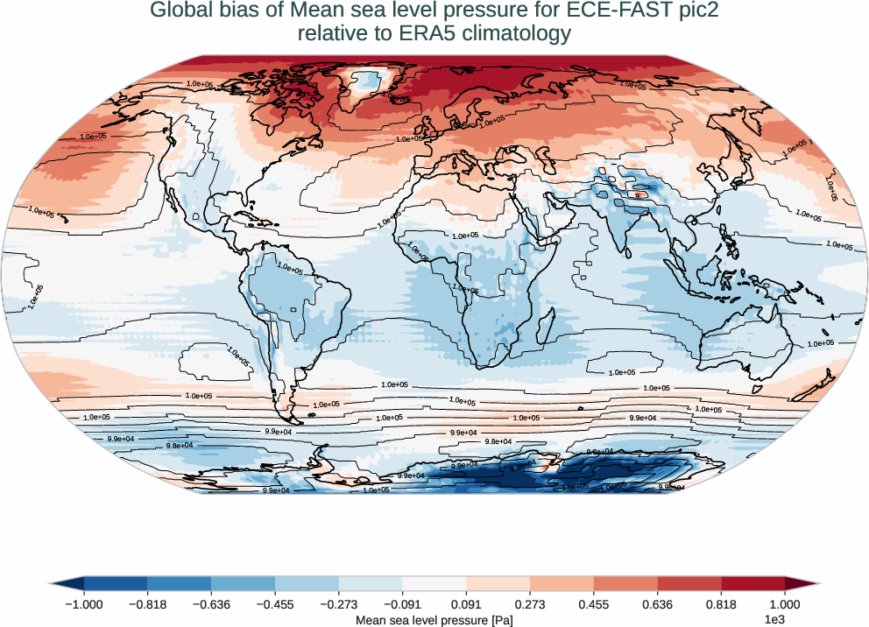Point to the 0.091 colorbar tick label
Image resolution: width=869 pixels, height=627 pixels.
point(466,603)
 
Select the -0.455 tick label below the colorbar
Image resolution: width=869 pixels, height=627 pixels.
point(275,603)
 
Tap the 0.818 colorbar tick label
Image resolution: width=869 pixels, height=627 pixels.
point(721,603)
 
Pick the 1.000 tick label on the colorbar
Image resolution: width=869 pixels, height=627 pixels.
point(785,603)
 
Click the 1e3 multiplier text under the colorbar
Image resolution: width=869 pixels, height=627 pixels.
point(774,620)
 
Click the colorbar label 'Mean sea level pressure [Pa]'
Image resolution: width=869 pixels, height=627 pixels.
point(434,620)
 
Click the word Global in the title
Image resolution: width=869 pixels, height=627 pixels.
point(180,11)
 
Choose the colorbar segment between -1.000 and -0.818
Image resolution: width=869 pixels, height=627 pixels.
point(116,584)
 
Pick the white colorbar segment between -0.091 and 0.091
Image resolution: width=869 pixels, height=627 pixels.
point(434,584)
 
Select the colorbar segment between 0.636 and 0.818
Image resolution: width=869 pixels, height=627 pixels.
point(689,584)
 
